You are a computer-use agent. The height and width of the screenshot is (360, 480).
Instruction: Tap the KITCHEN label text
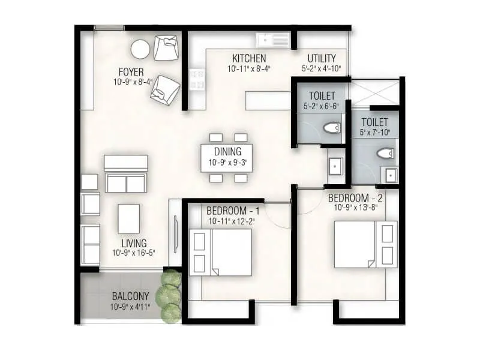pyautogui.click(x=250, y=58)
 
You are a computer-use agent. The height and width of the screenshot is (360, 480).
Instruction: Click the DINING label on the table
pyautogui.click(x=226, y=152)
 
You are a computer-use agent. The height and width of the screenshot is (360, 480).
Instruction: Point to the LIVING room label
pyautogui.click(x=134, y=243)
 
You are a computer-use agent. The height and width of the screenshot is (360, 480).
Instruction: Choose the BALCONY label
pyautogui.click(x=130, y=296)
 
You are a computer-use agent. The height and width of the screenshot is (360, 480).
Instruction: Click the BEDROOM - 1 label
pyautogui.click(x=233, y=211)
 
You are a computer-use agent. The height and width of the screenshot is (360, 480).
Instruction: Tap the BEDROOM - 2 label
pyautogui.click(x=356, y=197)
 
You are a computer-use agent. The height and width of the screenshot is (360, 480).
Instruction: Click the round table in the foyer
pyautogui.click(x=140, y=49)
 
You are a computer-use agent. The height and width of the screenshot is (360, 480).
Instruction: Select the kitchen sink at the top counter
pyautogui.click(x=273, y=40)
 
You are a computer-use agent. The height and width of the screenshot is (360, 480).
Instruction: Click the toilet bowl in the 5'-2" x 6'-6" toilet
pyautogui.click(x=331, y=127)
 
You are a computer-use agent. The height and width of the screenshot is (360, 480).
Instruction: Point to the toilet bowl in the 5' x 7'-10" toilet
pyautogui.click(x=385, y=154)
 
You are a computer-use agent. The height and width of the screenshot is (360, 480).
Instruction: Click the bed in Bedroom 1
pyautogui.click(x=220, y=251)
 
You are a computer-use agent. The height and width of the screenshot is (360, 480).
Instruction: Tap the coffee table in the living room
pyautogui.click(x=128, y=218)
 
